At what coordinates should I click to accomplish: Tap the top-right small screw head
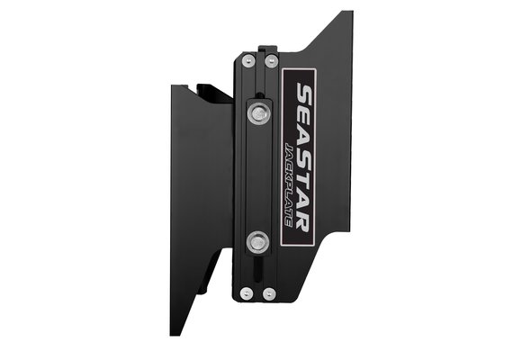270,61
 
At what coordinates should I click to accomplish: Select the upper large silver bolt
259,112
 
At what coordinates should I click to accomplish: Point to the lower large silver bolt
259,240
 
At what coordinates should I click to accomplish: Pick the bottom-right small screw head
269,292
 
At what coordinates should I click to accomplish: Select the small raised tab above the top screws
262,49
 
